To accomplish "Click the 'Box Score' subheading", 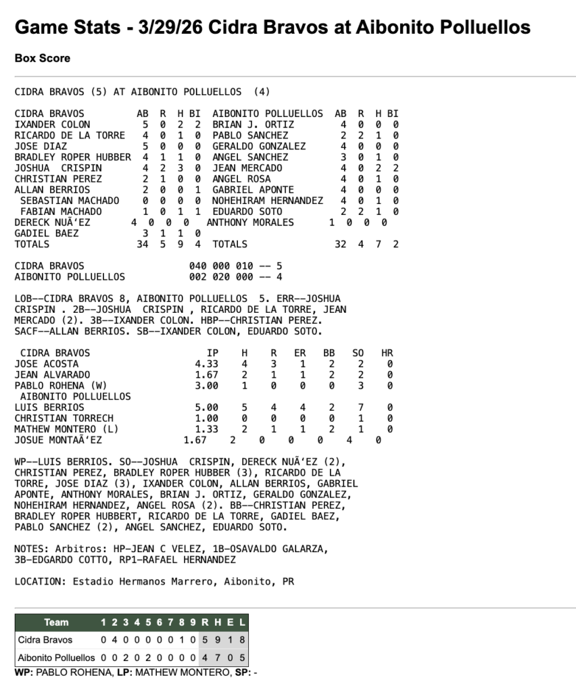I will point(42,59).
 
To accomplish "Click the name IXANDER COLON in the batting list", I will point(52,124).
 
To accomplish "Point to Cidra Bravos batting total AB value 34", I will point(142,244).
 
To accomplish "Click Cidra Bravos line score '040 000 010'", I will point(220,266).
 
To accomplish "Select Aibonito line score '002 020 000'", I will point(220,276).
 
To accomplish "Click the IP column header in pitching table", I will point(212,353).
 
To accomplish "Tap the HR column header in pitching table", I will point(387,353).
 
